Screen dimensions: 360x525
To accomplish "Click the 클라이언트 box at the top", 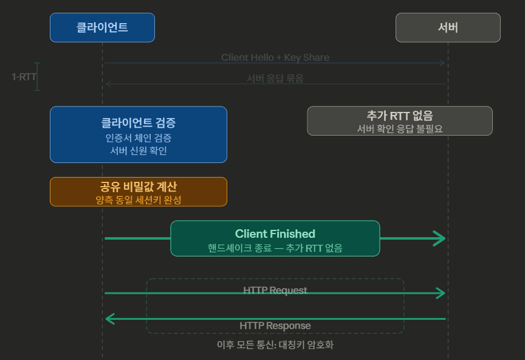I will (102, 27).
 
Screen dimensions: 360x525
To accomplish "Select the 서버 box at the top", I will (448, 27).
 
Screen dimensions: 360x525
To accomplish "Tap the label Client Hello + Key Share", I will (275, 58).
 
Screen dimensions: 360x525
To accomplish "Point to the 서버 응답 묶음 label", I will (275, 78).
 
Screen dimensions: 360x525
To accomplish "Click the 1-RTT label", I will (24, 77).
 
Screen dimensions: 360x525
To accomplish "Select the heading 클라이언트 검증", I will (139, 123).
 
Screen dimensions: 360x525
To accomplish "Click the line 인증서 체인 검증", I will (139, 138).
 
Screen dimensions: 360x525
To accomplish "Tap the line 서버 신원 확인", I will (139, 151).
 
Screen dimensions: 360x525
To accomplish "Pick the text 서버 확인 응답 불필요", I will (400, 129).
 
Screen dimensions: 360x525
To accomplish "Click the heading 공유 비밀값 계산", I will (139, 187).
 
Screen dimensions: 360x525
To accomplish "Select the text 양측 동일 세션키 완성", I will (139, 199).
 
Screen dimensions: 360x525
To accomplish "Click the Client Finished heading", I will (275, 234).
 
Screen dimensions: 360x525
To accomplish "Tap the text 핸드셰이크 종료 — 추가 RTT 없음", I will (275, 247).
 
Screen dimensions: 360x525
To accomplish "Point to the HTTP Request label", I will (275, 290).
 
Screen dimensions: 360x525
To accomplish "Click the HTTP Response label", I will (275, 325).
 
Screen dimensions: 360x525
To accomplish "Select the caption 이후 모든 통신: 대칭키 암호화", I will (275, 345).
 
